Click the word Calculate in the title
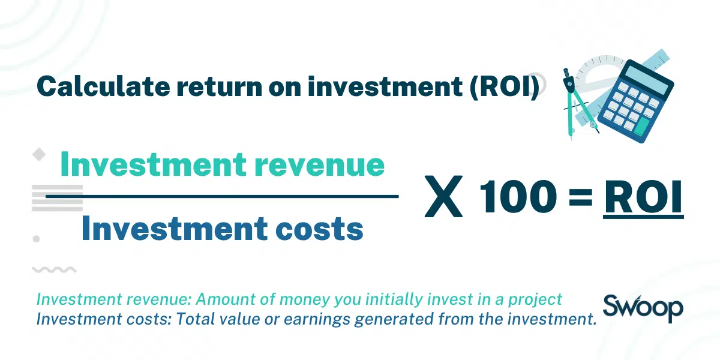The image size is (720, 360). [x=103, y=86]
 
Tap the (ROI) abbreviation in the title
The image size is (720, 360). [x=504, y=87]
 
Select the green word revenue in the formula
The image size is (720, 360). [x=319, y=164]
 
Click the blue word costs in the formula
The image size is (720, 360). [x=319, y=229]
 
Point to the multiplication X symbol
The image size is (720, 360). [x=443, y=196]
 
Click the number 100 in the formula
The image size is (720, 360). [x=517, y=197]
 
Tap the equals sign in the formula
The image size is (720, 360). [x=581, y=197]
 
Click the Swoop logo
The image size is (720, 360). [x=643, y=308]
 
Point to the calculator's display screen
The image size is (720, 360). [x=645, y=80]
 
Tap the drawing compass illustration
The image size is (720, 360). [x=578, y=103]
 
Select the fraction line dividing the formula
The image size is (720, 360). [x=222, y=196]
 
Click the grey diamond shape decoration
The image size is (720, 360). [x=39, y=154]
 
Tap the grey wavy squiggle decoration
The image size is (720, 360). [x=55, y=269]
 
